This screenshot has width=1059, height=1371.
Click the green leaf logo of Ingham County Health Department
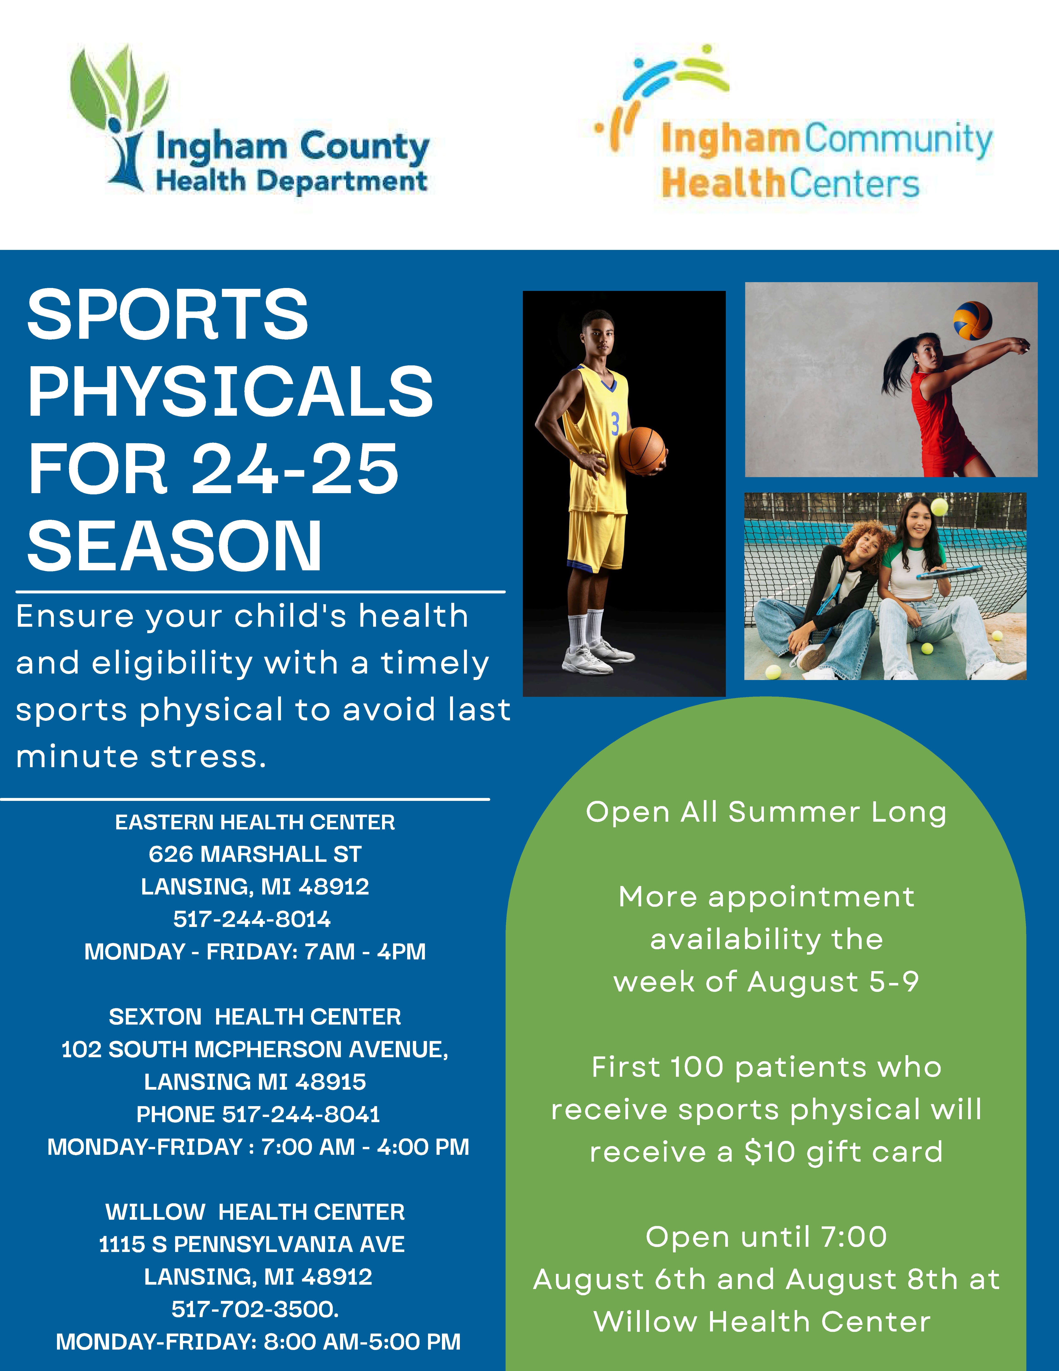[x=119, y=116]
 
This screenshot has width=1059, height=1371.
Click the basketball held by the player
[x=642, y=450]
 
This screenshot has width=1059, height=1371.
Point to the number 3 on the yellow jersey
[x=615, y=424]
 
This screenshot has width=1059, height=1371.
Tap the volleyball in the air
[x=972, y=321]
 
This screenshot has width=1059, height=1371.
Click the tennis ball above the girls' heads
[x=939, y=507]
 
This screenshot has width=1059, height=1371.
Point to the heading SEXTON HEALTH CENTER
[x=255, y=1016]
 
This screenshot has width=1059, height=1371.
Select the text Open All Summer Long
[x=766, y=812]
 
